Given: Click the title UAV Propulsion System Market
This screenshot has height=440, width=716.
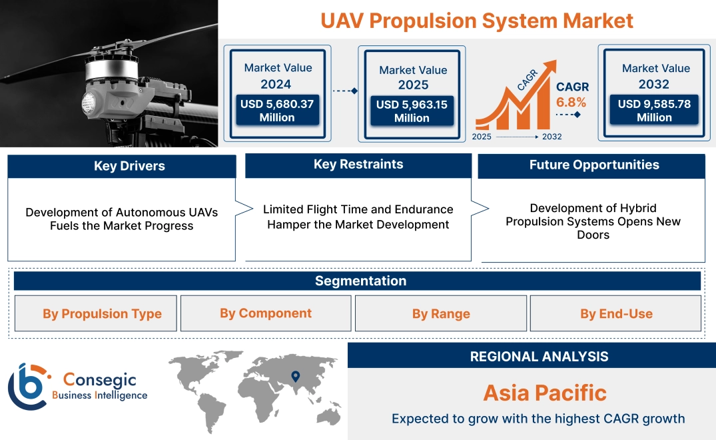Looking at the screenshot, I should [476, 20].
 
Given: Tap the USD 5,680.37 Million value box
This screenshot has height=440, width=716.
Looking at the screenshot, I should [276, 111].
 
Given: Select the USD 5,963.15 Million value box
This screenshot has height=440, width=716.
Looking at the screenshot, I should [412, 111].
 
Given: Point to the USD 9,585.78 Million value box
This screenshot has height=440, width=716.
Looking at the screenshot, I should [654, 111].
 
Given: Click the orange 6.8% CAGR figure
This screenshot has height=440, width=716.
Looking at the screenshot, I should [571, 102].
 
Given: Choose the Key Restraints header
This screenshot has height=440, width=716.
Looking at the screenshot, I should [358, 165].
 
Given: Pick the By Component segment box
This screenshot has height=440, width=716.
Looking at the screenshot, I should [266, 313].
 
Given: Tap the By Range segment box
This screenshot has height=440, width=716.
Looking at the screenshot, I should [441, 314].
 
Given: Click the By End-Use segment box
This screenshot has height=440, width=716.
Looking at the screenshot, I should [616, 314].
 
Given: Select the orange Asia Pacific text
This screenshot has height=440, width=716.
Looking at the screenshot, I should [545, 393].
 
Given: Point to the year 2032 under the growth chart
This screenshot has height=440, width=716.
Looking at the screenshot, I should [551, 137].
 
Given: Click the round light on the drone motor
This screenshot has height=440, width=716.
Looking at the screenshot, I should [90, 101].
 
